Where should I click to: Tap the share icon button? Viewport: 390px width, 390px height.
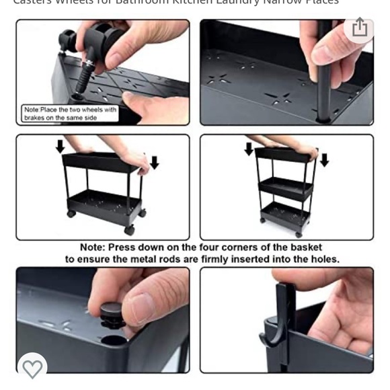[x=360, y=28]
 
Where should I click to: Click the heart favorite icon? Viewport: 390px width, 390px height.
[x=32, y=368]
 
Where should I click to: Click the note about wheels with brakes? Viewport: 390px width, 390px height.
[x=70, y=114]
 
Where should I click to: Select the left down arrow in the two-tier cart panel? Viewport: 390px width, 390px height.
[x=60, y=146]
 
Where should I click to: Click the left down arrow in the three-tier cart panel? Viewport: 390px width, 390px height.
[x=249, y=149]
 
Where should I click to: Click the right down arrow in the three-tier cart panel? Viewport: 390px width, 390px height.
[x=324, y=160]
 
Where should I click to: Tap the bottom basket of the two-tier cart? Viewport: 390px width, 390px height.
[x=104, y=202]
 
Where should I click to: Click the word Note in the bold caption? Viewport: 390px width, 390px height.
[x=92, y=247]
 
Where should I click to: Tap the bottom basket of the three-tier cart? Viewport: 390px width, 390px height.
[x=286, y=215]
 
